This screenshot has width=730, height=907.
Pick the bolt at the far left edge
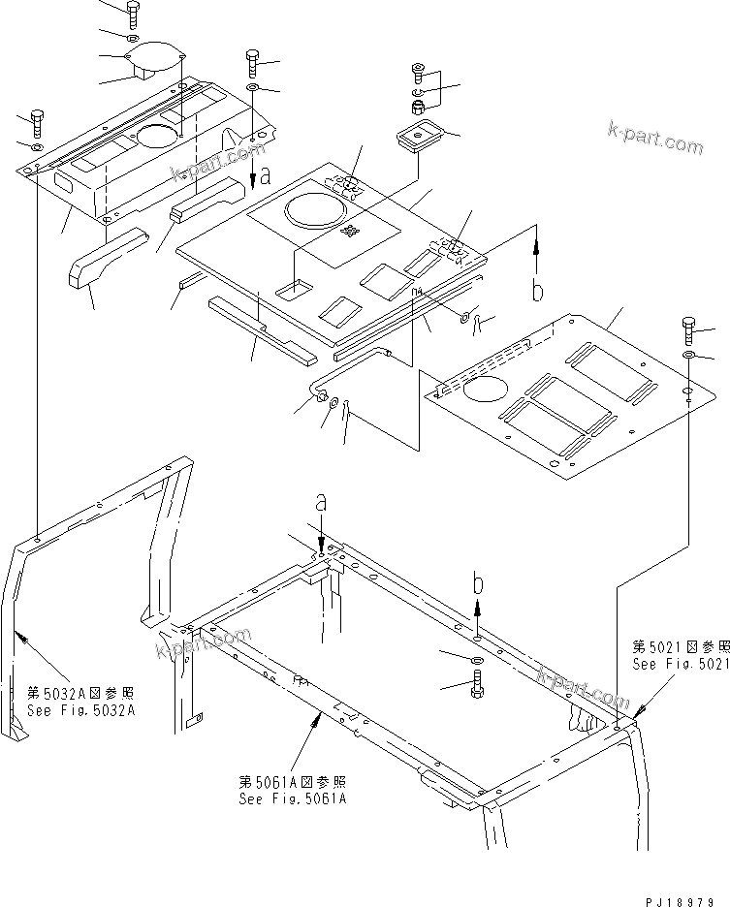click(37, 123)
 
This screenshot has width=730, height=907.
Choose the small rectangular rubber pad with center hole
click(420, 137)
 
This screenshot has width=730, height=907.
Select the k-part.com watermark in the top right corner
click(654, 138)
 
